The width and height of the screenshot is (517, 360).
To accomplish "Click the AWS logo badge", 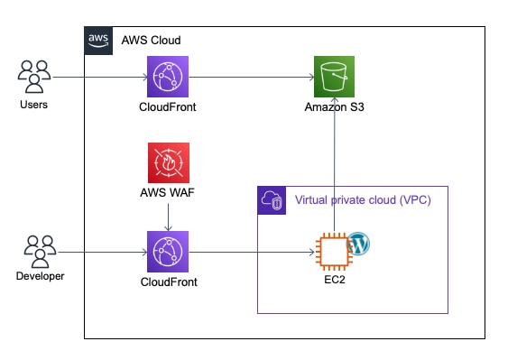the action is click(x=98, y=41).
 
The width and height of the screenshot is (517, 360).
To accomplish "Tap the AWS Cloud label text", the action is click(x=151, y=41).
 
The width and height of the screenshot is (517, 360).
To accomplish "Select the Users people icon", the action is click(x=34, y=77).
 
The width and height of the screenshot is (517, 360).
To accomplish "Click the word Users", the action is click(x=33, y=105).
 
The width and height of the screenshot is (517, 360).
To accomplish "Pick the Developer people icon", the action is click(x=40, y=252).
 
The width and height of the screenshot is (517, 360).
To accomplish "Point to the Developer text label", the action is click(x=41, y=276).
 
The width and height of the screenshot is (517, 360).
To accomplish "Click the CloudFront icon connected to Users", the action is click(x=168, y=77).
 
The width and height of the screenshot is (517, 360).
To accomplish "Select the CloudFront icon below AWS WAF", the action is click(x=168, y=252).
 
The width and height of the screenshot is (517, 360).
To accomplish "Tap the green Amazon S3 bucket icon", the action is click(x=335, y=77).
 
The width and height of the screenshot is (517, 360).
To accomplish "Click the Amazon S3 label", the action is click(x=335, y=106).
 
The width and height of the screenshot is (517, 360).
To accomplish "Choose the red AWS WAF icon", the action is click(x=169, y=162).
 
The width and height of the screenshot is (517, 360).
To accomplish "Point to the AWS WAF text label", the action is click(x=167, y=192).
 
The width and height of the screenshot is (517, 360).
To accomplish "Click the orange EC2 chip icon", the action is click(x=334, y=250).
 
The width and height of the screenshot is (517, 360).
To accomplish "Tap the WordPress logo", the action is click(x=359, y=244).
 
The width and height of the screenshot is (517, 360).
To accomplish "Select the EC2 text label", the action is click(x=335, y=280).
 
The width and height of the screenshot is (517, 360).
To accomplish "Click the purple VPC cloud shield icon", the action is click(x=272, y=200).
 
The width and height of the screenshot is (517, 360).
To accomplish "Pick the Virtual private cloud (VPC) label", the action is click(x=363, y=200).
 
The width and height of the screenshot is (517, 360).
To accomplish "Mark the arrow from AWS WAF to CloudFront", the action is click(x=168, y=217).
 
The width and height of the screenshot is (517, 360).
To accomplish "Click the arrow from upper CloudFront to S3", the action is click(x=251, y=78).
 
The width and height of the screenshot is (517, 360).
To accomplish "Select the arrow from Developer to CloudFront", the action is click(x=102, y=253).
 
